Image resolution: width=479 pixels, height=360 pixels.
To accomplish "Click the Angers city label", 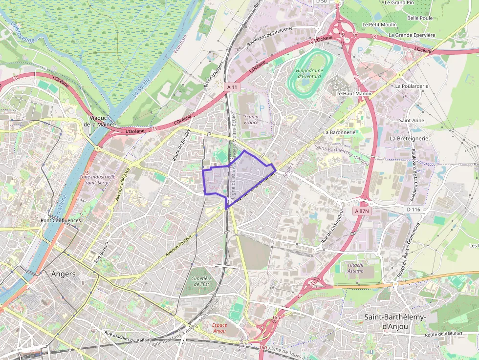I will tap(64, 274).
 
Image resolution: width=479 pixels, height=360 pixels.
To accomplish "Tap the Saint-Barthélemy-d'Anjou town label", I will tap(395, 321).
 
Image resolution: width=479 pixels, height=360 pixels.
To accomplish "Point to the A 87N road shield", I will tap(362, 211).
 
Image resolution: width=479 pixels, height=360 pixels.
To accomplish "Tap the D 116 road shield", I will tap(413, 210).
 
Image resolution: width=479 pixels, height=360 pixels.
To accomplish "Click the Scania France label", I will tap(251, 120).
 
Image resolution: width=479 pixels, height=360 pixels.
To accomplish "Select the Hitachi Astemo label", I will tap(355, 268).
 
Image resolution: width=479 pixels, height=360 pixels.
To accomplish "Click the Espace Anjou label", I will tap(219, 328).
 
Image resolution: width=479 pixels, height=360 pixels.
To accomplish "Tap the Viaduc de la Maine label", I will tap(98, 121).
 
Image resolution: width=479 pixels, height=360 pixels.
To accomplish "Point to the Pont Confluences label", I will tap(61, 220).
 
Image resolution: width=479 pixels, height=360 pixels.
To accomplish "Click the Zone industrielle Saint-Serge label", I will tap(100, 180).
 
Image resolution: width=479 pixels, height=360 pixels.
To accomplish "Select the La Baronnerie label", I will tap(341, 132).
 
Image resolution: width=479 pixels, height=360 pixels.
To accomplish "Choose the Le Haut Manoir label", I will tap(354, 93).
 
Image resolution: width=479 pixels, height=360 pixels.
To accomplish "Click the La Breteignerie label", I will tap(409, 138).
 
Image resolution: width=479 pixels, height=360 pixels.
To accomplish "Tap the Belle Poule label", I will tap(420, 18).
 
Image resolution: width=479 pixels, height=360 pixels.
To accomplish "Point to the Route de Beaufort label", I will tap(443, 334).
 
